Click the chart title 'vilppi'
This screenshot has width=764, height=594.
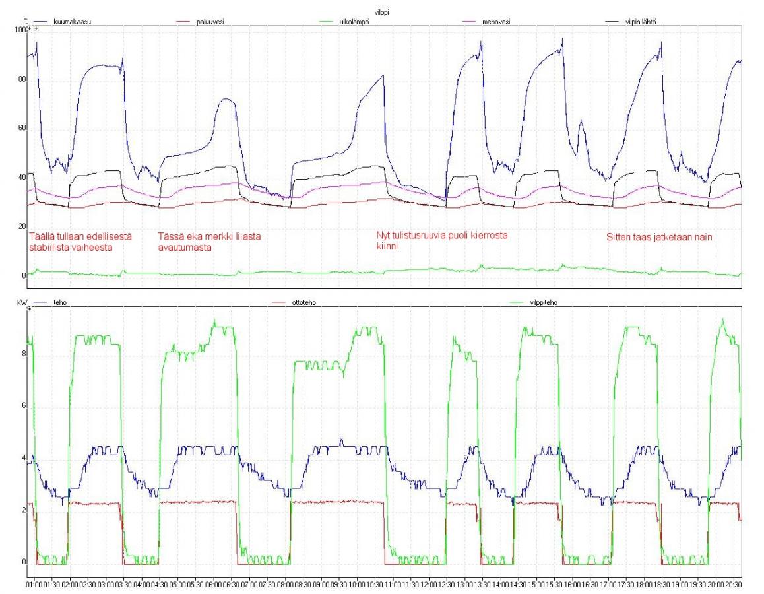tap(381, 12)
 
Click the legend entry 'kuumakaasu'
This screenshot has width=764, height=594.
tap(72, 22)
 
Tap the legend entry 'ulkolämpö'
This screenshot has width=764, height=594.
tap(354, 22)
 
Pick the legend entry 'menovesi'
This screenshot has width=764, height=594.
tap(496, 22)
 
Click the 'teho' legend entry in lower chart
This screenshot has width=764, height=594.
tap(60, 302)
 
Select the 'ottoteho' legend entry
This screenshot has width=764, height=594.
tap(303, 302)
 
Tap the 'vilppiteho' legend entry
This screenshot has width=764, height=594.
tap(543, 302)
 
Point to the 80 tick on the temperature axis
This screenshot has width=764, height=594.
tap(22, 79)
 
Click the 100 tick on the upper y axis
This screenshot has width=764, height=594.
tap(20, 30)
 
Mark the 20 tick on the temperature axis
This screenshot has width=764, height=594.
tap(22, 226)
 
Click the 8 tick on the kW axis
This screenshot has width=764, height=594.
tap(23, 354)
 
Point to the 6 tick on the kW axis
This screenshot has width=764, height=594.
tap(23, 406)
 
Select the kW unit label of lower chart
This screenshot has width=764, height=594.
tap(21, 302)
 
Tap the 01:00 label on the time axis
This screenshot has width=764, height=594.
tap(34, 584)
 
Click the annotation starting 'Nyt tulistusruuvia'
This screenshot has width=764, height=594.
tap(442, 240)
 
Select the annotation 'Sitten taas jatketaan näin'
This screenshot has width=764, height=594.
tap(659, 238)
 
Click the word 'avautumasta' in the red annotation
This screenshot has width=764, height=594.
tap(185, 247)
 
